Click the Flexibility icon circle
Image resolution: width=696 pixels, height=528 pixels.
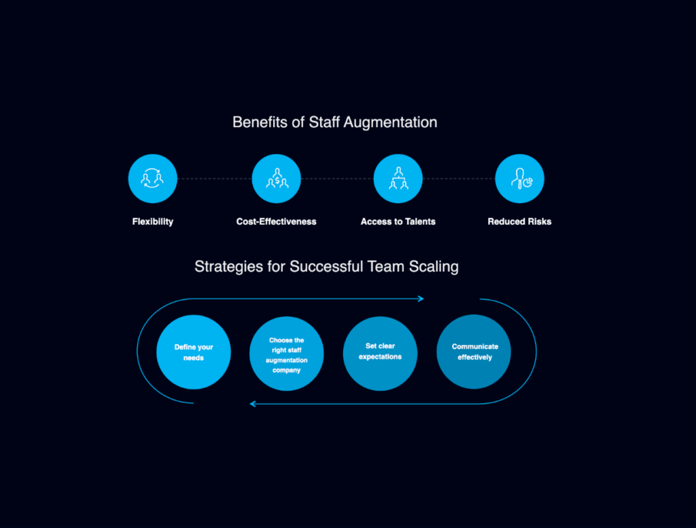pyautogui.click(x=153, y=179)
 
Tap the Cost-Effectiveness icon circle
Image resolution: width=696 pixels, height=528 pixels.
pyautogui.click(x=276, y=179)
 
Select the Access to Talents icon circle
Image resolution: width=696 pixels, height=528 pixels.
pyautogui.click(x=398, y=179)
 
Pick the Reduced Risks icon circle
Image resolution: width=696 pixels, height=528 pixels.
pyautogui.click(x=519, y=179)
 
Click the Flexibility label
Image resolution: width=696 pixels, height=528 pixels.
pyautogui.click(x=153, y=222)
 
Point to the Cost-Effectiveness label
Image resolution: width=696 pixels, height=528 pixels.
pyautogui.click(x=276, y=222)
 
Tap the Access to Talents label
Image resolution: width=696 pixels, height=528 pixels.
pyautogui.click(x=398, y=222)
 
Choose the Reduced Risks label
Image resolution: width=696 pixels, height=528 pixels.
pyautogui.click(x=519, y=222)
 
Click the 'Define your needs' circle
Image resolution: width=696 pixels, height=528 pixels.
pyautogui.click(x=194, y=352)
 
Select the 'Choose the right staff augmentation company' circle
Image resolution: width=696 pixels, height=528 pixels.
pyautogui.click(x=286, y=353)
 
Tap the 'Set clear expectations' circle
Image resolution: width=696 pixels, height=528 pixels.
pyautogui.click(x=380, y=353)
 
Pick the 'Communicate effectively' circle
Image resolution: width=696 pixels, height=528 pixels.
pyautogui.click(x=474, y=352)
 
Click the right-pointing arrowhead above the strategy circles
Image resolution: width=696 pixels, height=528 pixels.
pyautogui.click(x=421, y=298)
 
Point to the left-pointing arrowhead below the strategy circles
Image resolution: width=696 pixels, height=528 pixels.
pyautogui.click(x=253, y=404)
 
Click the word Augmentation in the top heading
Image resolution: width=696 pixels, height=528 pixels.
pyautogui.click(x=390, y=122)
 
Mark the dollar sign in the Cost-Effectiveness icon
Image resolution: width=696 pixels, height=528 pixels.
pyautogui.click(x=277, y=181)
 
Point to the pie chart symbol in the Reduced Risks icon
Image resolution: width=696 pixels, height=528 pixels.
pyautogui.click(x=527, y=182)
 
